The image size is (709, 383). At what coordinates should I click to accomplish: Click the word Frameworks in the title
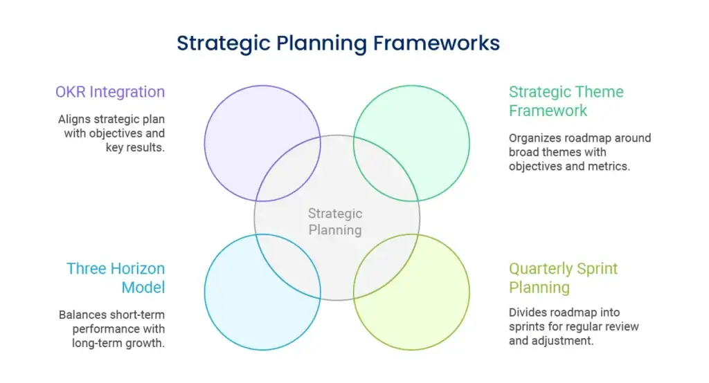[436, 44]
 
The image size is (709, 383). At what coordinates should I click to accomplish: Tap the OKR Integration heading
[110, 92]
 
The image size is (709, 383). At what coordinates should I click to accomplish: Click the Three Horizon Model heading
[116, 278]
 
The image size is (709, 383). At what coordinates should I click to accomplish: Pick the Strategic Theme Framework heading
[566, 101]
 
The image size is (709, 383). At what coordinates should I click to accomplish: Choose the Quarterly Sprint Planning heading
[563, 278]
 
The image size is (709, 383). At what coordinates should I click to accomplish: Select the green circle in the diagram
[469, 143]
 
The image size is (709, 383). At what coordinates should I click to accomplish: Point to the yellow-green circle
[469, 292]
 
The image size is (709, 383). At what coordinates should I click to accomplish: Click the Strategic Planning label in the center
[335, 222]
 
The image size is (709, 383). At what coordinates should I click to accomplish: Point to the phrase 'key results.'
[135, 148]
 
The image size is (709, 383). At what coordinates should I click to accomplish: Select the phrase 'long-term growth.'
[118, 344]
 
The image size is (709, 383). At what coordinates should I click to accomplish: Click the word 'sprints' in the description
[526, 327]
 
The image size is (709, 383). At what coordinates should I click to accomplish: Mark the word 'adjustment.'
[568, 341]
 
